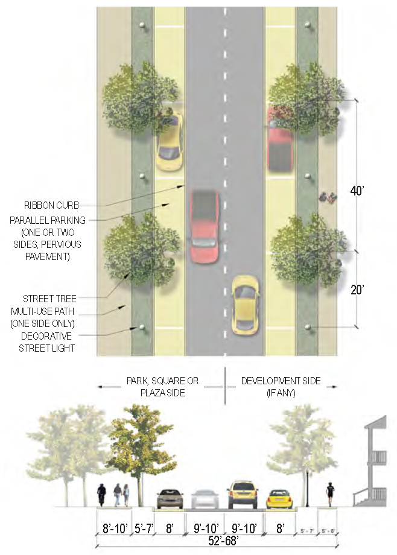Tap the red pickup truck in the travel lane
click(205, 226)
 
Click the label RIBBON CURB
click(51, 205)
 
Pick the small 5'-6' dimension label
click(328, 531)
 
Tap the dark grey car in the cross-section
click(170, 499)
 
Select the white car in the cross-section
click(204, 499)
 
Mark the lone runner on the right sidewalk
click(329, 495)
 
